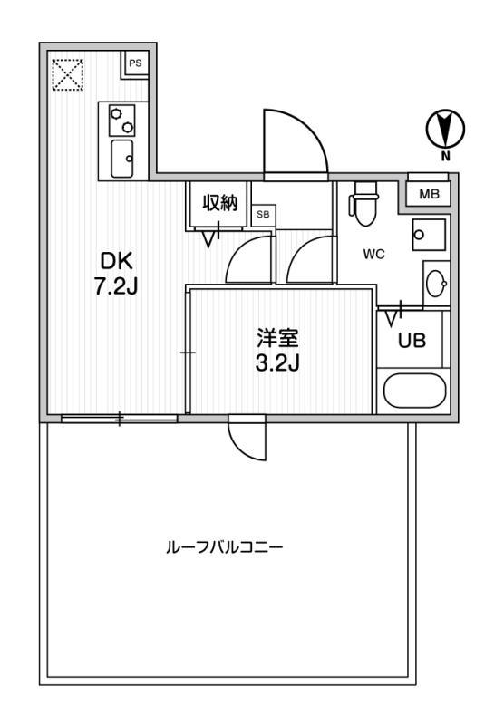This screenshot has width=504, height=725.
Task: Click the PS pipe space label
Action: (135, 63)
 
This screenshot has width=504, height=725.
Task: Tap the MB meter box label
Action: (429, 194)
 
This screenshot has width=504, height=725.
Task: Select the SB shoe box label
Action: (263, 215)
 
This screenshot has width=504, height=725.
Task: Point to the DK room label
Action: (117, 262)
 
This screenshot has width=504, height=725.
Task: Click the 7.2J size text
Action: (116, 287)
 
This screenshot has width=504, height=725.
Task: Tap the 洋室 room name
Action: (278, 338)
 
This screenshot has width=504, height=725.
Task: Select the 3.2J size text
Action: (278, 363)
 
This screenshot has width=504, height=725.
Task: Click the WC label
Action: (374, 254)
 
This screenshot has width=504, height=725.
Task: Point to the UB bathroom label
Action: (412, 341)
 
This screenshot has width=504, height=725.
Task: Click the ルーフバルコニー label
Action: (224, 548)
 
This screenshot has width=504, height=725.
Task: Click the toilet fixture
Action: (365, 203)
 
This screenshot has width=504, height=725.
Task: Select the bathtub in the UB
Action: (415, 391)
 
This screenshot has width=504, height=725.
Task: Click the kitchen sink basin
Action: (122, 159)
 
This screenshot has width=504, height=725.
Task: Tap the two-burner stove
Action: (122, 121)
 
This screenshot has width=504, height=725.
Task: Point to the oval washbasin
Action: (437, 283)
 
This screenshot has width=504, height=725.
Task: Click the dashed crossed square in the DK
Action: (67, 75)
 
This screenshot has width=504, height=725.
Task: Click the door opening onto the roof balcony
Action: (247, 438)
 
